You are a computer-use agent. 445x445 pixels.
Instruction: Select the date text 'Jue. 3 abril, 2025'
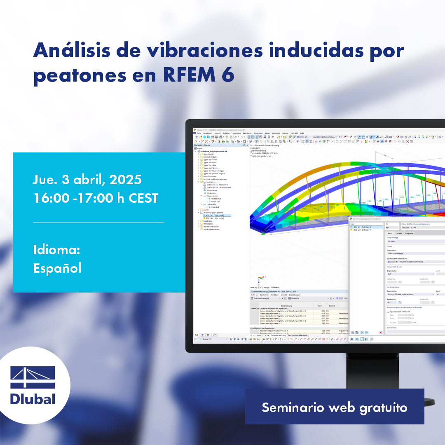coord(87,180)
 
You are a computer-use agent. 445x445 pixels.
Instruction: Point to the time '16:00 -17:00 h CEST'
coord(96,198)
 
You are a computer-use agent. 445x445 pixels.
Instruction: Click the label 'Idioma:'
coord(56,250)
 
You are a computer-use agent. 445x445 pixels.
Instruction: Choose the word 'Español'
coord(57,268)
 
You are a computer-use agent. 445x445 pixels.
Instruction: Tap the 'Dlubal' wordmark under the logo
coord(33,399)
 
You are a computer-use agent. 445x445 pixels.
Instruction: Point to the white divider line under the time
coord(98,222)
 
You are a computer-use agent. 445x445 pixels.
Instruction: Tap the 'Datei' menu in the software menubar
coord(199,133)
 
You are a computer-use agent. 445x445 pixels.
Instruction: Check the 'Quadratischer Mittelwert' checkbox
coord(388,311)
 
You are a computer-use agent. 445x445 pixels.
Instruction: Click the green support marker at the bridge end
coord(262,233)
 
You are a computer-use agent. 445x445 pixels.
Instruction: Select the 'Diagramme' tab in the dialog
coord(409,233)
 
